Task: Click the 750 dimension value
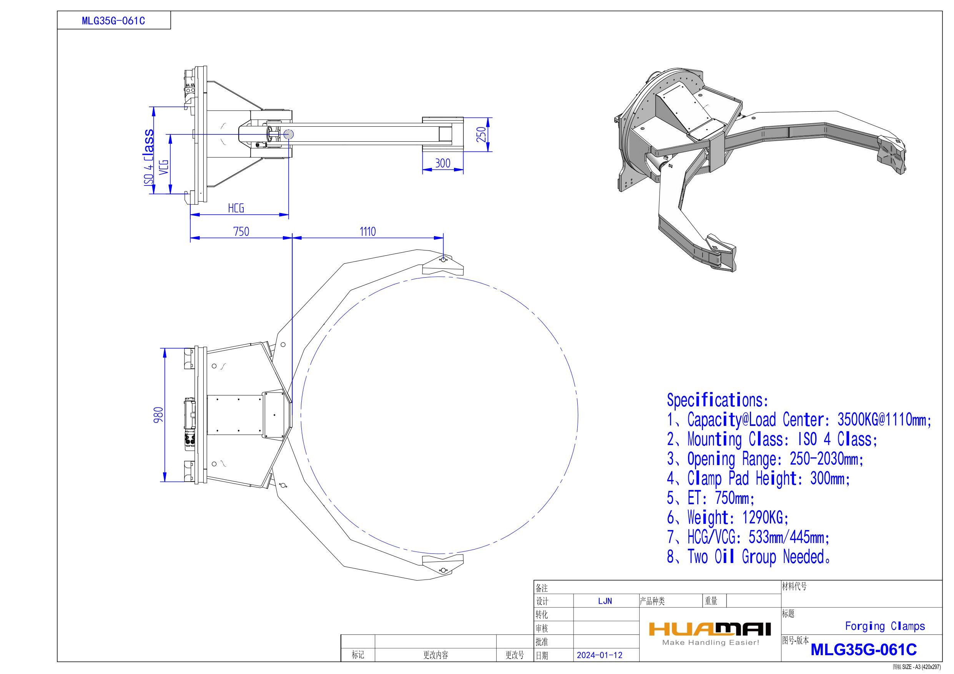tap(241, 231)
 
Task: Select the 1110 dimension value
tap(367, 231)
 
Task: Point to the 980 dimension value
tap(159, 415)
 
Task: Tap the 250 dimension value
tap(481, 134)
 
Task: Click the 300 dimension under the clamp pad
tap(442, 163)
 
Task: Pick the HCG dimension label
tap(236, 208)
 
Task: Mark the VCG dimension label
tap(164, 167)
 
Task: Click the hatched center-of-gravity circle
tap(289, 134)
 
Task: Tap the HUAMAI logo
tap(710, 629)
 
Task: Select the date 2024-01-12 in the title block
tap(600, 655)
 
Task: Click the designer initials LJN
tap(605, 601)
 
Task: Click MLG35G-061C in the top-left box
tap(113, 21)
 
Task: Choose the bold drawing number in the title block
tap(863, 649)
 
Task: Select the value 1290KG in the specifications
tap(765, 518)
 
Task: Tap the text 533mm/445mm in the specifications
tap(789, 537)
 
